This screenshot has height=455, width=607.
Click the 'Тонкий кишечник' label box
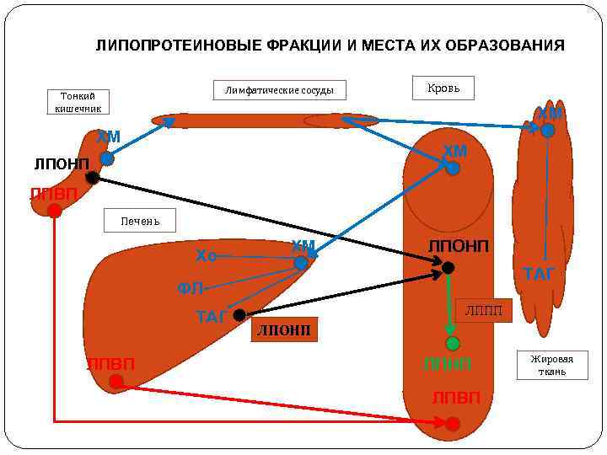pos(78,102)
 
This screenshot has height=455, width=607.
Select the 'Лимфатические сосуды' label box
pos(279,90)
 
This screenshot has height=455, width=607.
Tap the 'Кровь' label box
pos(443,88)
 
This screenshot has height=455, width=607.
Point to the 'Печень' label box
pos(140,221)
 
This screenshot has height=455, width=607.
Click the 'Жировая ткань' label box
pos(552,365)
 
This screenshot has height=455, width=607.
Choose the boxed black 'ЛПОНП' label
pos(284,329)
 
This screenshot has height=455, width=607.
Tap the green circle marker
pos(453,343)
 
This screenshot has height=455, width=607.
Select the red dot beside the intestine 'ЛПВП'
pos(55,211)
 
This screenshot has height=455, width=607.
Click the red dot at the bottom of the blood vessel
pos(453,424)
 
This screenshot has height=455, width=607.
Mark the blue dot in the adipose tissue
pos(548,131)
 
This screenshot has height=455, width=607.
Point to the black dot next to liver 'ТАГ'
pos(239,315)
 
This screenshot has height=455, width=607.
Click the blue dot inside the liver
pos(301,263)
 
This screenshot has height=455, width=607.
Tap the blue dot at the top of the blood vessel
pos(453,168)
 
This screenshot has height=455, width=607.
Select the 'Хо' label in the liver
pos(206,254)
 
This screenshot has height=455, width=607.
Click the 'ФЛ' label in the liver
pos(190,289)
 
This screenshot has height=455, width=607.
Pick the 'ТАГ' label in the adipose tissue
pos(539,274)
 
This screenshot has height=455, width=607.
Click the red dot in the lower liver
pos(116,382)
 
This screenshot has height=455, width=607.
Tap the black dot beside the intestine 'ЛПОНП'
pos(93,178)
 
